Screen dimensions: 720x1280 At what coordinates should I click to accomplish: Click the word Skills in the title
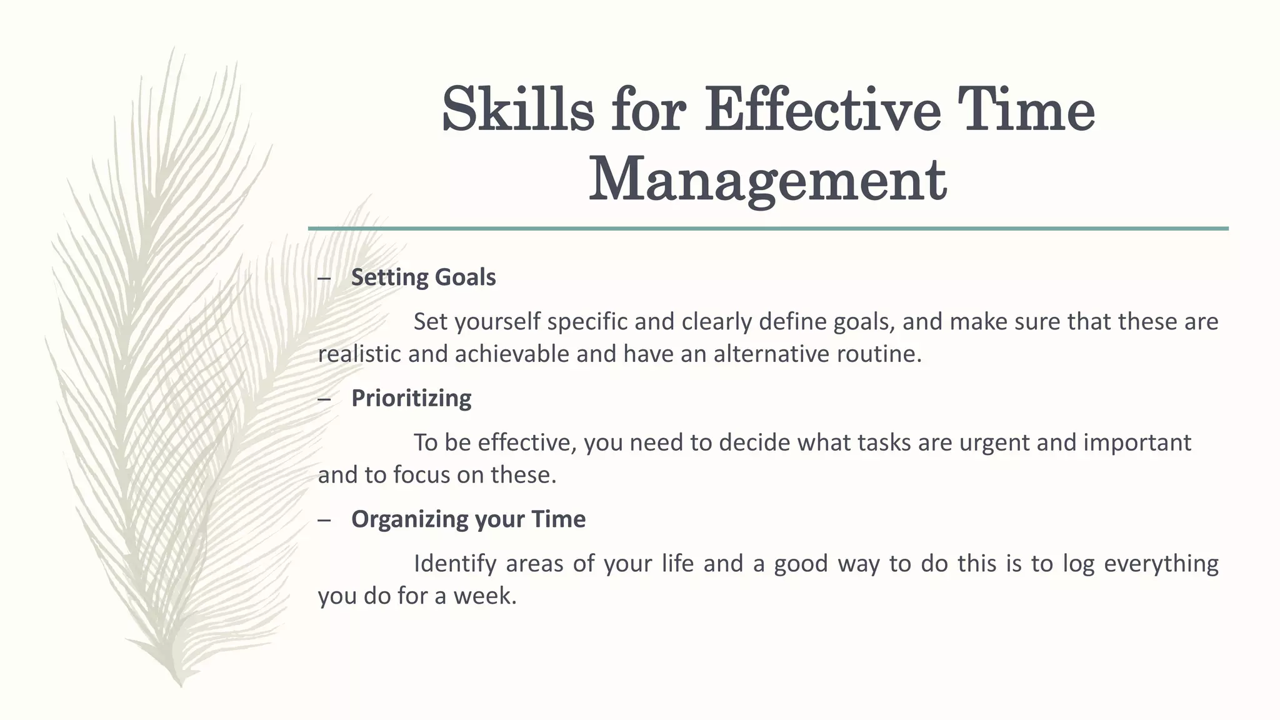(x=517, y=110)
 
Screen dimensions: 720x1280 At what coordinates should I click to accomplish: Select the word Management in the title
(x=767, y=181)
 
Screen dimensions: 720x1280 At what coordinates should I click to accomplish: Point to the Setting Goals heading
(x=423, y=277)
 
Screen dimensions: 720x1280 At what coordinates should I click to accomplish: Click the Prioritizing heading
(x=411, y=398)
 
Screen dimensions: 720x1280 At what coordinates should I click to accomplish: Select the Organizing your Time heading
(x=468, y=519)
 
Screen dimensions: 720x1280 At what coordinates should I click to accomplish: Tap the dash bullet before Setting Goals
(x=324, y=278)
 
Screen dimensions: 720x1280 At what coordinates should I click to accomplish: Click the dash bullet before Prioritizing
(x=324, y=399)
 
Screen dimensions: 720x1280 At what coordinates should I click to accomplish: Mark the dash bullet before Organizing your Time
(x=324, y=520)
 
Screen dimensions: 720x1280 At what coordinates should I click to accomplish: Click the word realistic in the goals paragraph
(x=359, y=354)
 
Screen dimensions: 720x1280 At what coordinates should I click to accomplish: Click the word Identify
(x=455, y=564)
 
